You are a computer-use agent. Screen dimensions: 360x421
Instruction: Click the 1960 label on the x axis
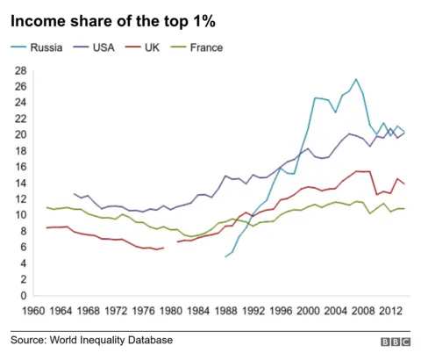[x=33, y=309]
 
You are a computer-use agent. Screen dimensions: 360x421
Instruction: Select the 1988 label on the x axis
[x=225, y=309]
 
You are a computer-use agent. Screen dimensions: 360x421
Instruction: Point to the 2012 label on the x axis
[x=390, y=309]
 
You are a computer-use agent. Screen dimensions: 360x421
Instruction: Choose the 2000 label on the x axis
[x=308, y=309]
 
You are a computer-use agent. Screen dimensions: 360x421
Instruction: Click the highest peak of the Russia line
[x=355, y=79]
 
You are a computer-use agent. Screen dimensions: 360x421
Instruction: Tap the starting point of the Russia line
[x=225, y=257]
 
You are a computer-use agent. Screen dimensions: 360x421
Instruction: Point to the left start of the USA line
[x=75, y=194]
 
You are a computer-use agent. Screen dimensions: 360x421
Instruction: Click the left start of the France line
[x=47, y=207]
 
